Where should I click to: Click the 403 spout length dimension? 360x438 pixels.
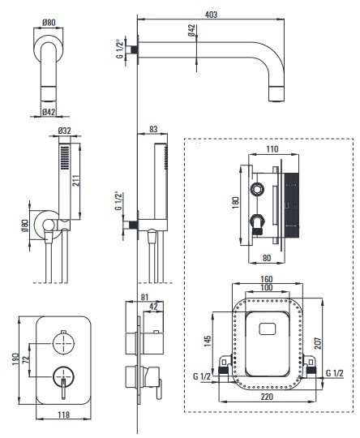coord(211,15)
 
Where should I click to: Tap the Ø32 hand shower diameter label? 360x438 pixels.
coord(65,131)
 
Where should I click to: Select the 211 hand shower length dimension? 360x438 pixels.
coord(76,180)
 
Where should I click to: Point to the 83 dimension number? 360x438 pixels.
coord(153,129)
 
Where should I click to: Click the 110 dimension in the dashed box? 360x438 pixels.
coord(272,149)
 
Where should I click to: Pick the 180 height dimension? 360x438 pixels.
coord(235,202)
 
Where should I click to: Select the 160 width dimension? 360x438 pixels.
coord(267,279)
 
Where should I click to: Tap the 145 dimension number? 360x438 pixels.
coord(208,341)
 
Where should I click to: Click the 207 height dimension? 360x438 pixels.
coord(318,343)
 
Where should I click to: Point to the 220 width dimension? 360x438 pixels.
coord(267,397)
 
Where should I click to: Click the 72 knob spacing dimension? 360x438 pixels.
coord(27,359)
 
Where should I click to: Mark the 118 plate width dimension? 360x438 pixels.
coord(63,414)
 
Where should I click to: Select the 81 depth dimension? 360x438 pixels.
coord(144,297)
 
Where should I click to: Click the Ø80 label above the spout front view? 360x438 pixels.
coord(49,23)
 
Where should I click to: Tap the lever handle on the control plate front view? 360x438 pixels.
coord(64,389)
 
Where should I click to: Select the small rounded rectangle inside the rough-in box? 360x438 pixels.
coord(268,329)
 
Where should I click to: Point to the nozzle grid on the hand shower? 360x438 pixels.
coord(65,157)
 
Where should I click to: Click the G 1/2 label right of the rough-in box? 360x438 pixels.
coord(335,373)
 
